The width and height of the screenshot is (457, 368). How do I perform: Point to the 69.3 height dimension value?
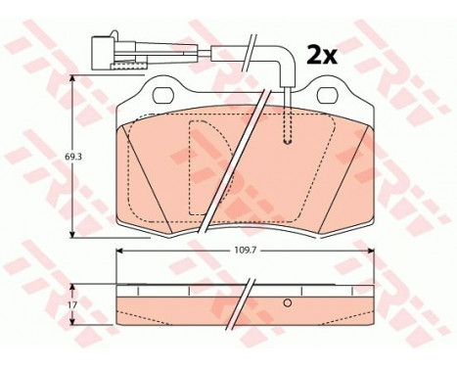[58, 156]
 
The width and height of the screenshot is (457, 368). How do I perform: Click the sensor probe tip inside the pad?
[286, 137]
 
